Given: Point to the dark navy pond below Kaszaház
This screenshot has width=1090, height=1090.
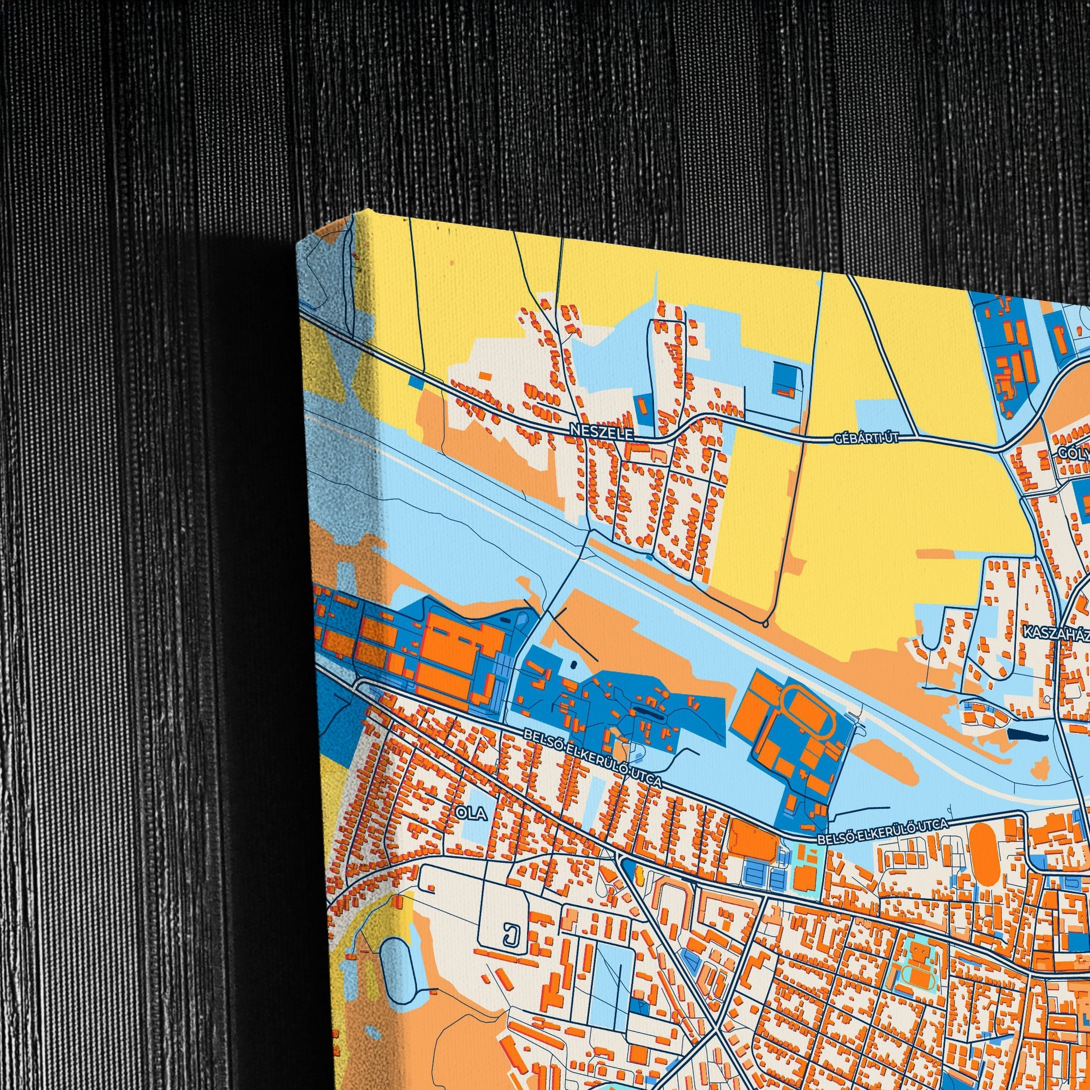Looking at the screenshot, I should (x=1026, y=734).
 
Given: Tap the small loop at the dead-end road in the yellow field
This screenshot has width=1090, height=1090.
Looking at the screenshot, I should (x=765, y=623).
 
